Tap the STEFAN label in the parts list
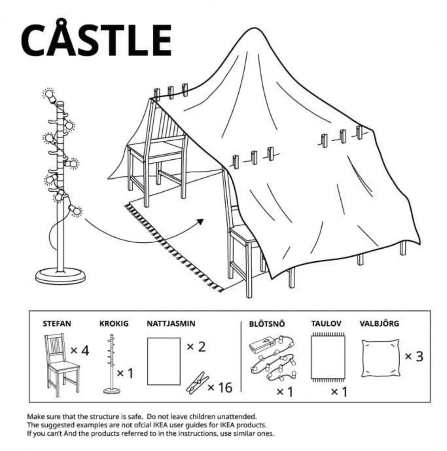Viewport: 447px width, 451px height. click(x=57, y=324)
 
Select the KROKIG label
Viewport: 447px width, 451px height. click(x=114, y=324)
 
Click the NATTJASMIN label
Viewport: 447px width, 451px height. click(x=171, y=324)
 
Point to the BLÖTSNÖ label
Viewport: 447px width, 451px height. click(x=267, y=324)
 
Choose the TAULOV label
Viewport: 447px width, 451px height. click(x=326, y=324)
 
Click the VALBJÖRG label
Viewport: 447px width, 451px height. click(x=379, y=324)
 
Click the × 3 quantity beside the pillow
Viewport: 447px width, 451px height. click(x=414, y=356)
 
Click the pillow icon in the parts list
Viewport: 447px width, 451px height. click(x=380, y=358)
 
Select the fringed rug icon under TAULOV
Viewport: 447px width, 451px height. click(x=327, y=357)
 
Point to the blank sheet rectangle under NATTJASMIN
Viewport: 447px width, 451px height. click(x=164, y=361)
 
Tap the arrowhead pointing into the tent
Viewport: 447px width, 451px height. click(x=200, y=221)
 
